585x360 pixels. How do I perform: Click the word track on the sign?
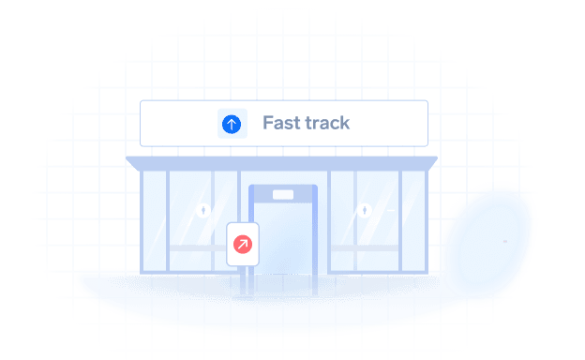[x=323, y=123]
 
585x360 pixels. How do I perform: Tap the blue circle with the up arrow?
[x=232, y=124]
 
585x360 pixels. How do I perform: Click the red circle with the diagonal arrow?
[x=242, y=245]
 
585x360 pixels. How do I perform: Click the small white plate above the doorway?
[x=283, y=196]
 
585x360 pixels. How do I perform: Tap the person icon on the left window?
[x=203, y=210]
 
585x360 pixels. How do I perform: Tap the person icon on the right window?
[x=364, y=210]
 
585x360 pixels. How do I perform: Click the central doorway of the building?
[x=283, y=234]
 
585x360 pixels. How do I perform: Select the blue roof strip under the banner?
[x=283, y=162]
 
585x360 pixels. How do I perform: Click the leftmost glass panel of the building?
[x=150, y=220]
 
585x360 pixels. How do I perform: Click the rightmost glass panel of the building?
[x=415, y=220]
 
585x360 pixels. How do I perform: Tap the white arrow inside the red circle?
[x=242, y=245]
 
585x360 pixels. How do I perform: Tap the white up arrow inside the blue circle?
[x=232, y=124]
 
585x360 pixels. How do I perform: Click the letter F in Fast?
[x=267, y=123]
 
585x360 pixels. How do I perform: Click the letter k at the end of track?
[x=344, y=123]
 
